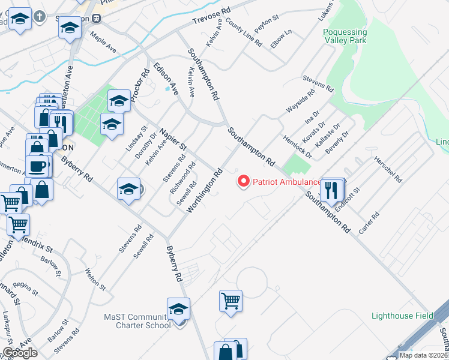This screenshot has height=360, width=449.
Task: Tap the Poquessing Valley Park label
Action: pyautogui.click(x=344, y=36)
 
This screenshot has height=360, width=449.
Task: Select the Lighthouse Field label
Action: pyautogui.click(x=402, y=316)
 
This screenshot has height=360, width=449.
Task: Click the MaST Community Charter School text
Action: pyautogui.click(x=137, y=321)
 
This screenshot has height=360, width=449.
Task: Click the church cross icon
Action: pyautogui.click(x=40, y=16)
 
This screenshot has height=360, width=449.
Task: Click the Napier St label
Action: pyautogui.click(x=173, y=139)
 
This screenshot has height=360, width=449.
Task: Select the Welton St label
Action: pyautogui.click(x=95, y=280)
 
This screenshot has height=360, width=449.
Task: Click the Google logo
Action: pyautogui.click(x=20, y=353)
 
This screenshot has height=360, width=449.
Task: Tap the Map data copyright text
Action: pyautogui.click(x=423, y=355)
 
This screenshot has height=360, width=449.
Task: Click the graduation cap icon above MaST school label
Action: pyautogui.click(x=178, y=309)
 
